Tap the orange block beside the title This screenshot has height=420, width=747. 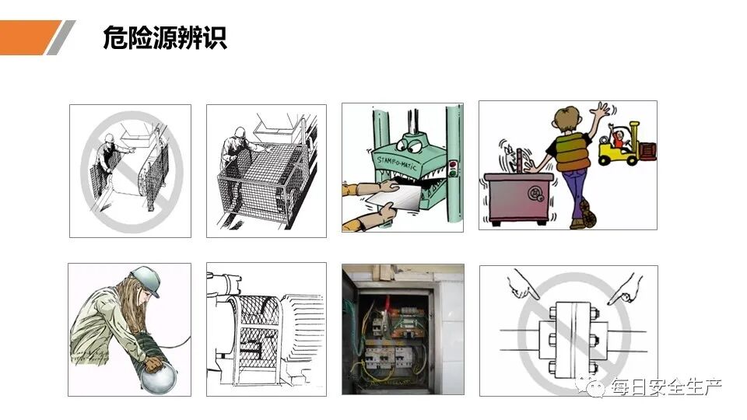tap(27, 37)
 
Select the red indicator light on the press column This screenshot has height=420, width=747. tap(451, 164)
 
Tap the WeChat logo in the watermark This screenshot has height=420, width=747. tap(596, 386)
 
